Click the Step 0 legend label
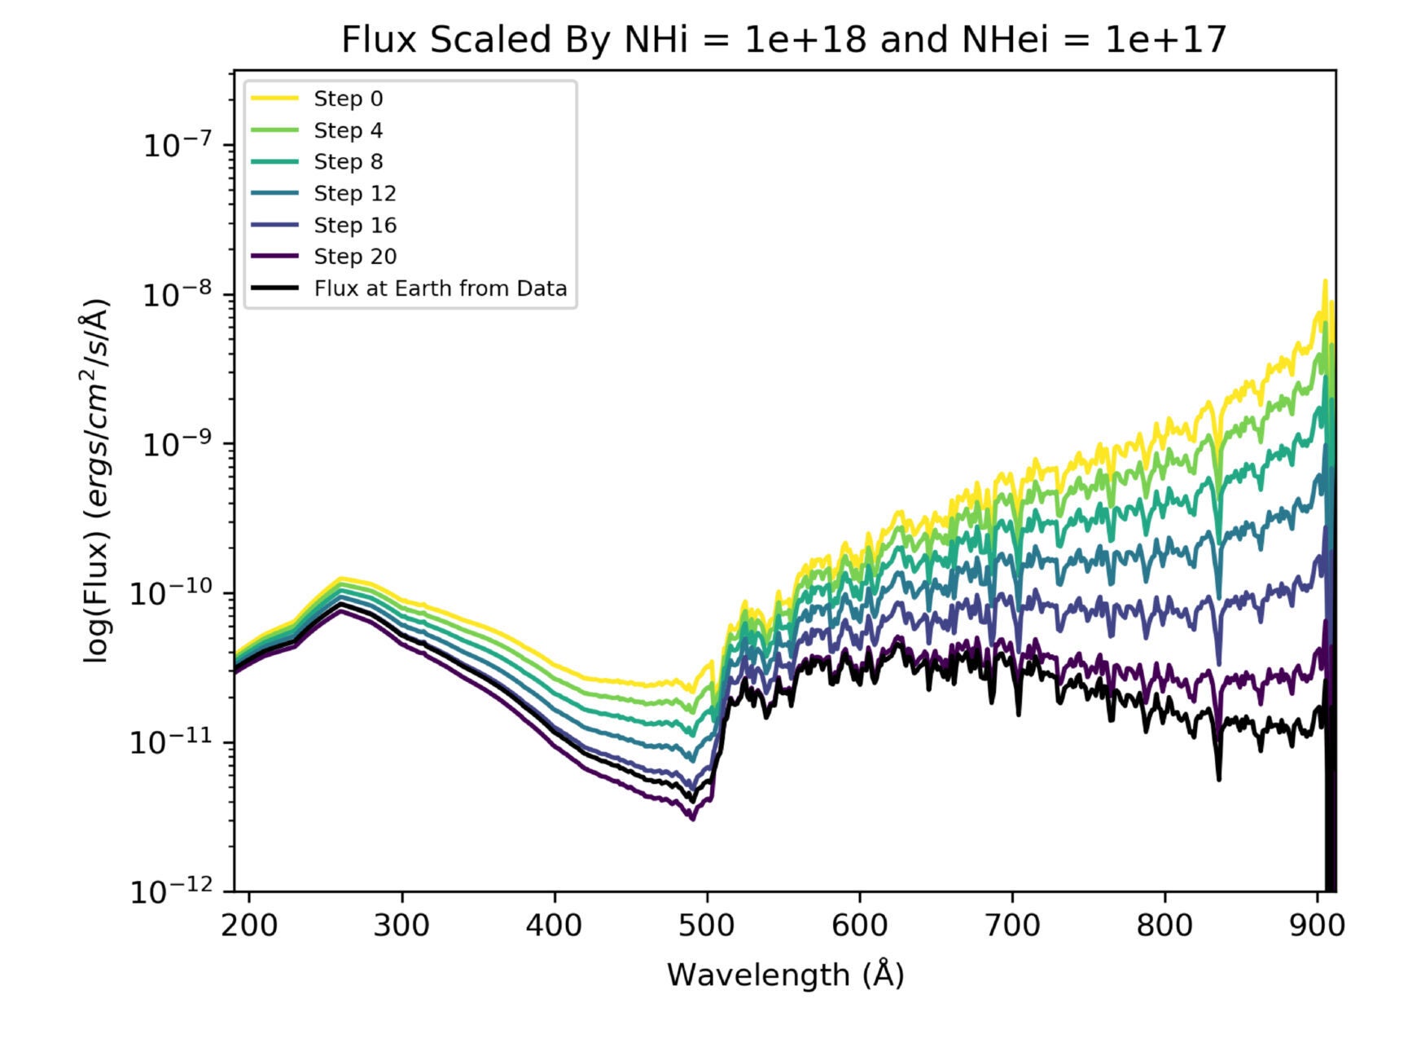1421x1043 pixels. (x=348, y=99)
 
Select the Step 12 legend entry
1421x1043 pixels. (x=354, y=193)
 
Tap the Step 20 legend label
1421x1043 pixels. (x=354, y=257)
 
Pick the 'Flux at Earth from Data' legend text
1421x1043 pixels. (x=440, y=288)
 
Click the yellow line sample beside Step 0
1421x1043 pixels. (x=274, y=99)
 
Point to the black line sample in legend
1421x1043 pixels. (x=274, y=288)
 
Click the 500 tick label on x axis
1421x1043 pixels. (x=707, y=925)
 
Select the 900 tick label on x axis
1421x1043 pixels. (x=1317, y=925)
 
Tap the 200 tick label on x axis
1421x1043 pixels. (x=248, y=925)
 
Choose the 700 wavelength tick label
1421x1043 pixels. (x=1012, y=925)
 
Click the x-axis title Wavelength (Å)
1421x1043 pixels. (x=785, y=975)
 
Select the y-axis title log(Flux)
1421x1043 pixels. (x=98, y=481)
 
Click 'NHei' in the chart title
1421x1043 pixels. (x=1005, y=39)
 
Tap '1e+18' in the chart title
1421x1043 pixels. (x=805, y=39)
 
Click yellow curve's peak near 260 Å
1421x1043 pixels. (x=340, y=578)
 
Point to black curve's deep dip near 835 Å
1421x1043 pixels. (x=1218, y=778)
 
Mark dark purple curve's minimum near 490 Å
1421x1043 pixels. (x=692, y=818)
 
